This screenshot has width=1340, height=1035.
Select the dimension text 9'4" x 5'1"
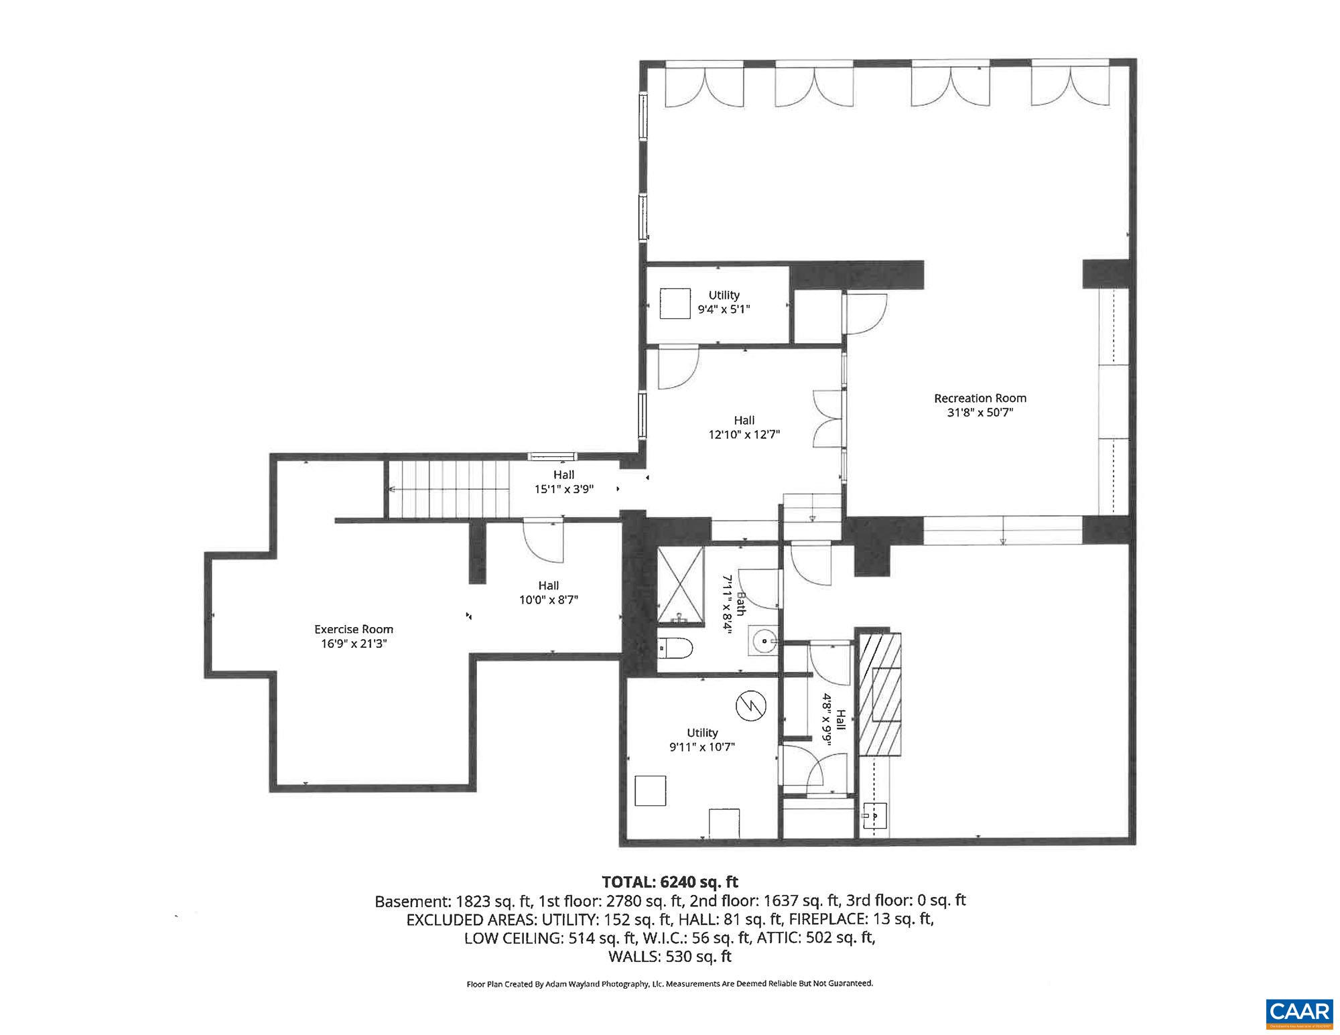coord(724,309)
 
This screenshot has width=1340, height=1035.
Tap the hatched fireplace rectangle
coord(880,693)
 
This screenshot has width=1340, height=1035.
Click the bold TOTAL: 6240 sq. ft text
coord(670,882)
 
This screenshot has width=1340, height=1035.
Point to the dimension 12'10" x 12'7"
coord(744,434)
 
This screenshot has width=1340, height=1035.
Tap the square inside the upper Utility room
coord(675,303)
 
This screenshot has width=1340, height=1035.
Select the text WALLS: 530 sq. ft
coord(670,956)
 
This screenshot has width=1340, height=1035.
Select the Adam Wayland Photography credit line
coord(670,983)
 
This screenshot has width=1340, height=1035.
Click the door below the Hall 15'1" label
coord(543,541)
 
